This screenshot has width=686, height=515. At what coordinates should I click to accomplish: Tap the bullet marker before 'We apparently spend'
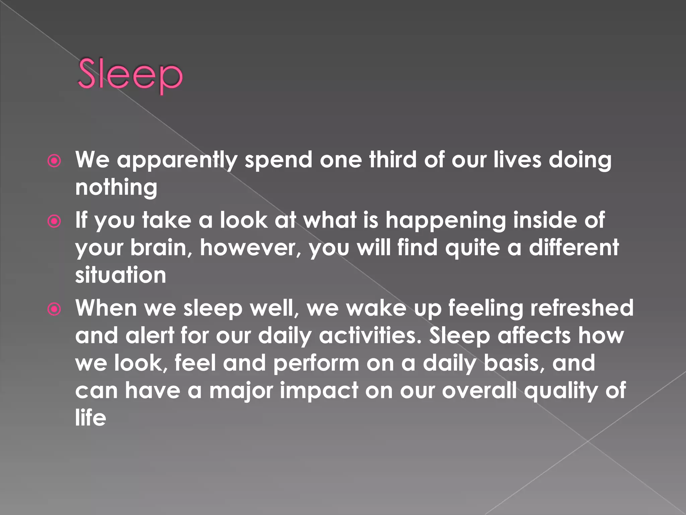coord(54,161)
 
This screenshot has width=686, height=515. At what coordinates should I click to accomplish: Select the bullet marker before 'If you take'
coord(54,222)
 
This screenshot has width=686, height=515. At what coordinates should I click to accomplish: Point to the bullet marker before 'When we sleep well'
coord(54,309)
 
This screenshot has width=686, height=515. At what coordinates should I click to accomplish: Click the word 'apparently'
coord(177,160)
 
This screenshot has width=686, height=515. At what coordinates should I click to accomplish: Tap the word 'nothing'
coord(116,187)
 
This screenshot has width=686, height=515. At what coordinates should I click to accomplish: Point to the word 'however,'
coord(251,248)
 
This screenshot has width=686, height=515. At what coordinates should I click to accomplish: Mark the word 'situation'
coord(121,275)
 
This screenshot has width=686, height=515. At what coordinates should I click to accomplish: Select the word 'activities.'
coord(370,336)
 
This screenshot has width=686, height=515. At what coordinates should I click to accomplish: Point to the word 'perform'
coord(316,364)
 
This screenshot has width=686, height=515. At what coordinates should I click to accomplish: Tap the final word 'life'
coord(90,418)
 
